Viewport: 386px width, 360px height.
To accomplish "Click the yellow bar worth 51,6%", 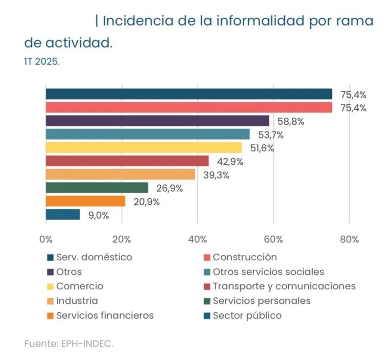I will tap(144, 148).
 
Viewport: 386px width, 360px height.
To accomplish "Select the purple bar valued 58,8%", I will tap(157, 121).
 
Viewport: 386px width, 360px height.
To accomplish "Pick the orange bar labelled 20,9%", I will tap(86, 201).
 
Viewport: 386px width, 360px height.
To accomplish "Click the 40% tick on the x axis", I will tap(197, 239).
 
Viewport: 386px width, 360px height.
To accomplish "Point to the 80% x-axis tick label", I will tap(349, 239).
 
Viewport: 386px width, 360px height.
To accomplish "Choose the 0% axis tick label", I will tap(45, 239).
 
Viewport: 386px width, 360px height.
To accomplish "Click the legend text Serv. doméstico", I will tap(94, 257).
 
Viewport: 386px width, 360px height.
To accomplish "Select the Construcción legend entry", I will tap(245, 257).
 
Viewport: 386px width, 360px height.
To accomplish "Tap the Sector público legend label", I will tap(247, 315).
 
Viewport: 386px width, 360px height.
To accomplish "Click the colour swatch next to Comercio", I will tap(50, 287).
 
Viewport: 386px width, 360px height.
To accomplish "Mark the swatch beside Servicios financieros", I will tap(50, 316).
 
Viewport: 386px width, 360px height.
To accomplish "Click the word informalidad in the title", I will tap(245, 21).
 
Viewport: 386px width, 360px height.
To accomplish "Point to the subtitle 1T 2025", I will tap(42, 62).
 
